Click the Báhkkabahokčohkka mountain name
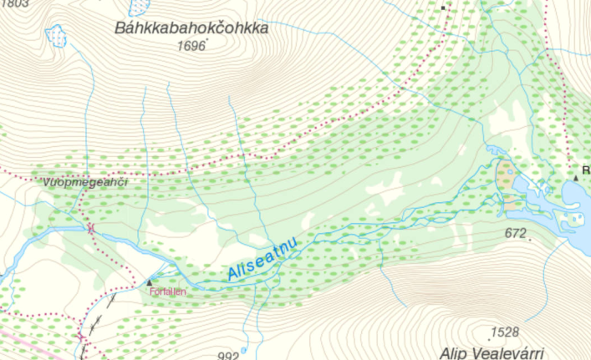click(x=191, y=28)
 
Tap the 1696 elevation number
click(x=191, y=47)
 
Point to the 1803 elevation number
click(x=15, y=4)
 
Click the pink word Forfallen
click(x=166, y=292)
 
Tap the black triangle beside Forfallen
click(x=150, y=282)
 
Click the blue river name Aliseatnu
click(x=262, y=260)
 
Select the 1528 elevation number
click(x=505, y=332)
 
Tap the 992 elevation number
click(x=228, y=355)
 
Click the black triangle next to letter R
click(x=576, y=177)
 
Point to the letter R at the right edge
click(x=586, y=170)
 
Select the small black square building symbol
click(x=444, y=7)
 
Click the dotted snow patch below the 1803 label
click(x=57, y=35)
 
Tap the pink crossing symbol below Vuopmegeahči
click(x=90, y=226)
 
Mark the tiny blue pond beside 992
click(x=244, y=350)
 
